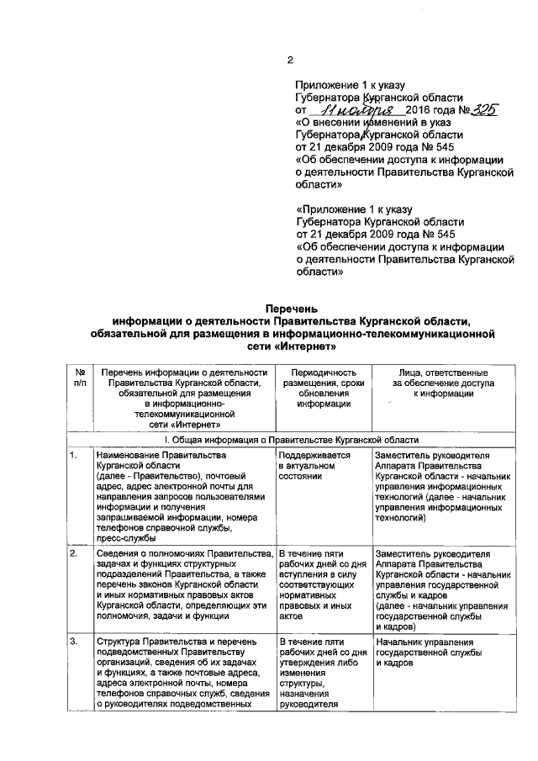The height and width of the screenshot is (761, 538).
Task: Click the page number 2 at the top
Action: tap(289, 60)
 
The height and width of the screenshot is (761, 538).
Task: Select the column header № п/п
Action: tap(80, 378)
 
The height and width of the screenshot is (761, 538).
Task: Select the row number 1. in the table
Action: tap(75, 456)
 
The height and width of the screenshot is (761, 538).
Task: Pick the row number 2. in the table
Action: tap(75, 554)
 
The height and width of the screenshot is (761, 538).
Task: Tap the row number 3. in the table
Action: tap(75, 643)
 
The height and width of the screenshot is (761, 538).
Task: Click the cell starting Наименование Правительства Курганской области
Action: tap(182, 496)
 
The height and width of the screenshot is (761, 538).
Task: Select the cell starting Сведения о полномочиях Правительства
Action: tap(182, 584)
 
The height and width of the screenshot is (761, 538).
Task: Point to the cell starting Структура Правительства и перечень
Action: tap(182, 674)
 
